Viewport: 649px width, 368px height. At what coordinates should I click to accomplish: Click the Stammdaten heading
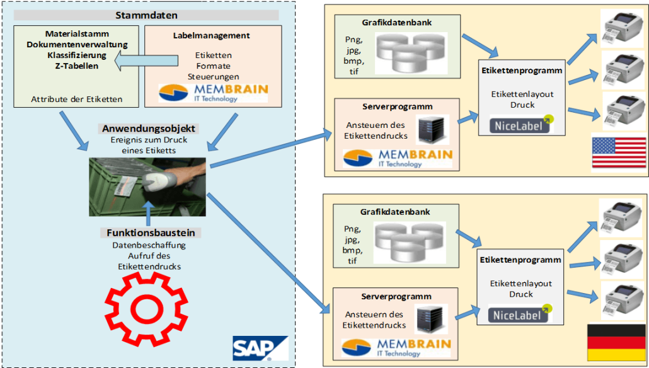point(146,14)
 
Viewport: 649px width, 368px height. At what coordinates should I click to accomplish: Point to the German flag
point(616,343)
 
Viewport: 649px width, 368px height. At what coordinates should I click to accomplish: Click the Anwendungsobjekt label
point(148,129)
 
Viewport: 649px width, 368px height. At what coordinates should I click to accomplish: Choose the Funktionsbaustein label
point(150,233)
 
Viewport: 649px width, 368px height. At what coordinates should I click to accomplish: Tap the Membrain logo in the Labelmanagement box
point(213,93)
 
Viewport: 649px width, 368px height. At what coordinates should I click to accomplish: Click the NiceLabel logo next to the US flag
point(520,125)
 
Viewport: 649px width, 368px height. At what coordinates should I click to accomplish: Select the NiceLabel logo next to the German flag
point(519,314)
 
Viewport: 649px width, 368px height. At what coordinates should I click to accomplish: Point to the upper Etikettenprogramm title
point(521,71)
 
